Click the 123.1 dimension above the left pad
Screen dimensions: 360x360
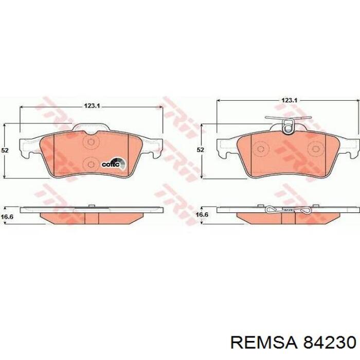pos(91,105)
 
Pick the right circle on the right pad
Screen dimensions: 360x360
pos(314,150)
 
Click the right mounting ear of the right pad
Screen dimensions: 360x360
pos(350,147)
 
